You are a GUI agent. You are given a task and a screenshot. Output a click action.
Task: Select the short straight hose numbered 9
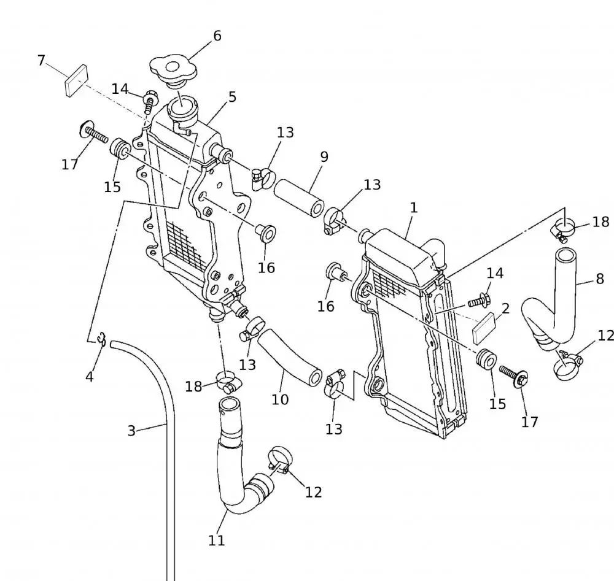point(299,196)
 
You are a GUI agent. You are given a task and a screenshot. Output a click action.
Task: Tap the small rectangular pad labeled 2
point(486,326)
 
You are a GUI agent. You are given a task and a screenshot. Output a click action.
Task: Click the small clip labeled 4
point(102,338)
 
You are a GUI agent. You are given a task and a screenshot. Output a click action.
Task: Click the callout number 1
point(414,207)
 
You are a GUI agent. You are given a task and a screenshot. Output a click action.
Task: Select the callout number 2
point(505,308)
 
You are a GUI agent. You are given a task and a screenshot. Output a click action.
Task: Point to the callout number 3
point(131,431)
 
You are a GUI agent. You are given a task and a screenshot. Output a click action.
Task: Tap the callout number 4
point(90,376)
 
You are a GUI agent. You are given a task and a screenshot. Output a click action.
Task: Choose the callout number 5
point(231,97)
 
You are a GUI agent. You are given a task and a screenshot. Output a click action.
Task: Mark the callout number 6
point(217,36)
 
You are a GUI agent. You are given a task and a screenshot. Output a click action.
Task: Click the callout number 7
point(41,60)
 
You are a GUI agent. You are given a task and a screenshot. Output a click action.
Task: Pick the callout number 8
point(600,280)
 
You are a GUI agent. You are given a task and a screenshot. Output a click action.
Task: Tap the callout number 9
point(324,156)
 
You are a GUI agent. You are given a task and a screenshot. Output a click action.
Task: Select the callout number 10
point(280,399)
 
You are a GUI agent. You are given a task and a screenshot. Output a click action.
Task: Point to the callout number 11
point(216,541)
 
